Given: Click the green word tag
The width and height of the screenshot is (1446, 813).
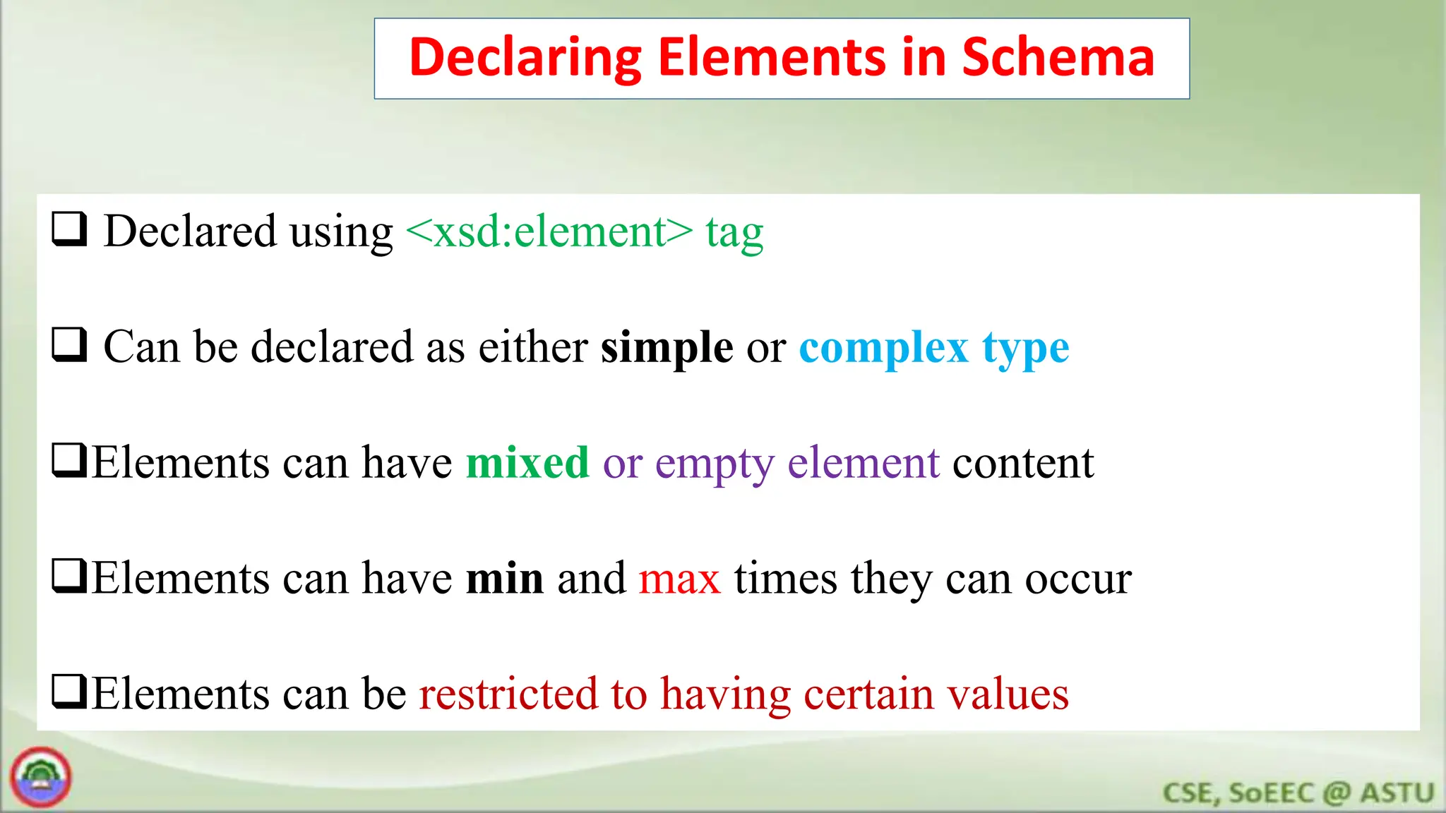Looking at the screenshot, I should pyautogui.click(x=734, y=233).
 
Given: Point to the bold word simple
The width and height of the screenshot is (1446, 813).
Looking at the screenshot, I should pyautogui.click(x=667, y=347).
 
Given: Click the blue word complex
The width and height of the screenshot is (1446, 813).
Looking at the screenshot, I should pyautogui.click(x=883, y=349).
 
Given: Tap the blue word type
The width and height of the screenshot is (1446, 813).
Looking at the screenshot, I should pyautogui.click(x=1026, y=349).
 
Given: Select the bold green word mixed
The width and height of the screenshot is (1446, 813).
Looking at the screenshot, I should pyautogui.click(x=527, y=463).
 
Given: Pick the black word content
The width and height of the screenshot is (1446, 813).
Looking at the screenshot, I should pyautogui.click(x=1023, y=463).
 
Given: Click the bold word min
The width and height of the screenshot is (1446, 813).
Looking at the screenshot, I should pyautogui.click(x=505, y=578).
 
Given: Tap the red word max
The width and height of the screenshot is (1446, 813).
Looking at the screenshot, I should pyautogui.click(x=679, y=579).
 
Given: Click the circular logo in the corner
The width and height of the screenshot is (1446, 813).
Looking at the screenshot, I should pyautogui.click(x=41, y=777).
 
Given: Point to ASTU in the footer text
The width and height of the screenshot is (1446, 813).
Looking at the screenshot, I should pyautogui.click(x=1397, y=793).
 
